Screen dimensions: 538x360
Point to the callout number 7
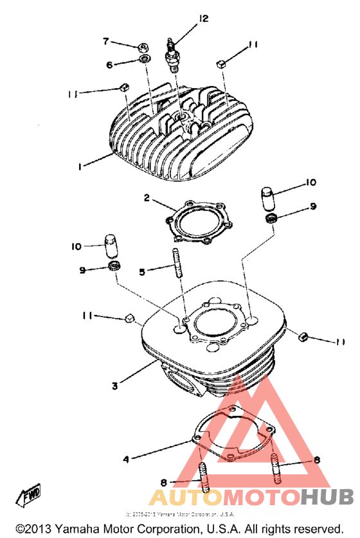107,41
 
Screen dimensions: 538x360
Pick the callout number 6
109,65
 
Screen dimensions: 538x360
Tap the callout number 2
147,199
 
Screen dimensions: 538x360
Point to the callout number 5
143,273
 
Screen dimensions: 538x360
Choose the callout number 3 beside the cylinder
114,386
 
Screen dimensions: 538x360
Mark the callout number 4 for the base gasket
126,459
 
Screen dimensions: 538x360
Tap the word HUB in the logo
327,497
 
